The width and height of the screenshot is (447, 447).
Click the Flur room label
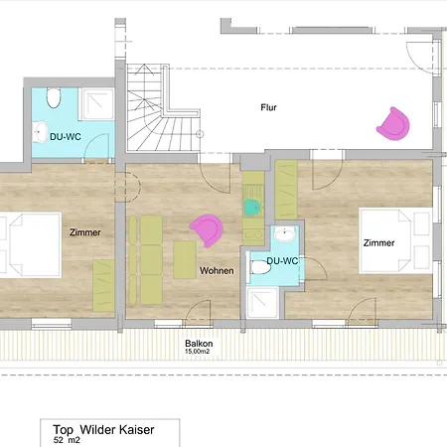[x=268, y=107]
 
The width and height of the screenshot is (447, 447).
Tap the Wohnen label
[x=217, y=271]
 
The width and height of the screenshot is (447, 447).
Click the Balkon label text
[x=199, y=344]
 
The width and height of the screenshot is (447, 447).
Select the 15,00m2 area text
[x=198, y=352]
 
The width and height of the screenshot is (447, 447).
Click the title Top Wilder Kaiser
[x=103, y=430]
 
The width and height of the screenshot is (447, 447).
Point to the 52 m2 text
[x=67, y=440]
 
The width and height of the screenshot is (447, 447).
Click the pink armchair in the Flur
[x=393, y=124]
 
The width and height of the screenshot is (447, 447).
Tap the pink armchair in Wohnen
[x=207, y=230]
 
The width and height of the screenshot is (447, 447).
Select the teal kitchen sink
[x=253, y=208]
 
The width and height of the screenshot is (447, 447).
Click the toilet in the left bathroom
[x=54, y=97]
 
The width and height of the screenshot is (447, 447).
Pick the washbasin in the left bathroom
[x=40, y=132]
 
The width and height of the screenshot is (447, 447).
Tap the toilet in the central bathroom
[x=260, y=267]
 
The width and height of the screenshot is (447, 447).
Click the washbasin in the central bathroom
[x=285, y=234]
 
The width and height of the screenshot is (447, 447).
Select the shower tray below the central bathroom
[x=262, y=303]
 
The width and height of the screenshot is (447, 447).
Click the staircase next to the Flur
[x=162, y=108]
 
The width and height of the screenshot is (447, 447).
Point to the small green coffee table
[x=185, y=260]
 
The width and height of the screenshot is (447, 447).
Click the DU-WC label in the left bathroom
[x=66, y=137]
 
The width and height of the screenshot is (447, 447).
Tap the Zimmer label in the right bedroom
[x=378, y=243]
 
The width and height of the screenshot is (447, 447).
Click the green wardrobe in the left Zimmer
[x=103, y=286]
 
